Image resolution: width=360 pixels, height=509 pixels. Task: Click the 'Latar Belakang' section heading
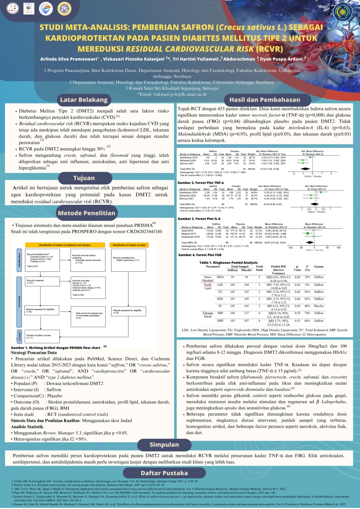point(84,100)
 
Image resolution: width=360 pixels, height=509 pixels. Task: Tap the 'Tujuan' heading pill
point(84,178)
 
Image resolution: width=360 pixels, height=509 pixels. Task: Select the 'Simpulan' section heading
point(164,445)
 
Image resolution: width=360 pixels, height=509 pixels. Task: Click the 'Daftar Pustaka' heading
point(164,473)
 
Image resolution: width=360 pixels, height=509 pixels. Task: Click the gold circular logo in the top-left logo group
point(64,9)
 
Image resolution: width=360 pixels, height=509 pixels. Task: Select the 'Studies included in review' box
point(42,337)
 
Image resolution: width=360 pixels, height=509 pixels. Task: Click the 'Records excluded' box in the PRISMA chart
point(88,287)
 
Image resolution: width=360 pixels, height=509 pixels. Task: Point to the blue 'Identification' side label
point(19,260)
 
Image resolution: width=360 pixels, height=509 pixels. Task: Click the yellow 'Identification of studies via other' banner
point(129,245)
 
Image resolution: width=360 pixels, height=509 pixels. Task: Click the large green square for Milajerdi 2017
point(308,234)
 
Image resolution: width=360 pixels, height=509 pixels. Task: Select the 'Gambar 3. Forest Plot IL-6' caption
point(199,219)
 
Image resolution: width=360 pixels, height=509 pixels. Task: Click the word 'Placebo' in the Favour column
point(319,306)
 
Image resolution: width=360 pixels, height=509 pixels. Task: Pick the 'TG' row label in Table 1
point(220,292)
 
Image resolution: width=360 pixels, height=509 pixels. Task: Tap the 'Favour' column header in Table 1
point(319,267)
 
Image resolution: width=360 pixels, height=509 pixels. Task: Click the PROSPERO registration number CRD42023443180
point(142,232)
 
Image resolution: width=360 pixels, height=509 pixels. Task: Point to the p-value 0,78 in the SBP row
point(298,313)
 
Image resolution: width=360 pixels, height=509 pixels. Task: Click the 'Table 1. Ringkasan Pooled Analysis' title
point(228,263)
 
